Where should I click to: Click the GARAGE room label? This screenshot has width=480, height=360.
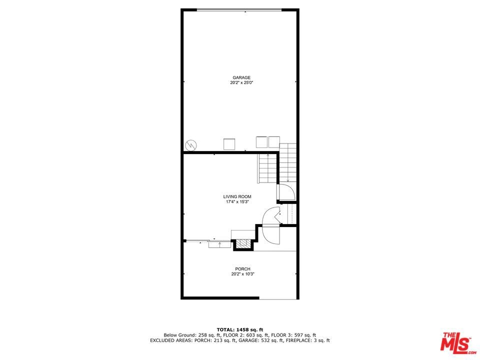point(241,78)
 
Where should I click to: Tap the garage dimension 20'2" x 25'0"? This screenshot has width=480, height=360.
point(242,82)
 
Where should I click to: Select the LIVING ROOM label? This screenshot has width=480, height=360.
point(237,196)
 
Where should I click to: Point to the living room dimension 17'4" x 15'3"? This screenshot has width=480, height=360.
point(237,201)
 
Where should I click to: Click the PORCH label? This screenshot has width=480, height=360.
point(243,269)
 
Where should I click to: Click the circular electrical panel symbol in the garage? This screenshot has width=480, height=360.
point(190,145)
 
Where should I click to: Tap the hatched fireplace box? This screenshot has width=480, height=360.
point(243,243)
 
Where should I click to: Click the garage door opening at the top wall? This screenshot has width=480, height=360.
point(239,10)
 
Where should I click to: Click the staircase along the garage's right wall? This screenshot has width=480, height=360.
point(288,162)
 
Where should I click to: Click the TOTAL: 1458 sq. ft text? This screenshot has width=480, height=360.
point(240,329)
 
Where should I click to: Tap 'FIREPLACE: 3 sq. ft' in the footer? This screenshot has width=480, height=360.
point(308,340)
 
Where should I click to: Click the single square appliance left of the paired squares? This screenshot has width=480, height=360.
point(229,144)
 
